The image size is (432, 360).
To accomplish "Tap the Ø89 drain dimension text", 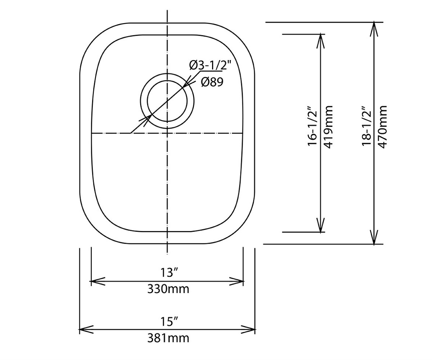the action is (x=212, y=82).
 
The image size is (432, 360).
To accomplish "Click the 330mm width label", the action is (x=168, y=289).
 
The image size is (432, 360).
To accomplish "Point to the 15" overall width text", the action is (x=169, y=322).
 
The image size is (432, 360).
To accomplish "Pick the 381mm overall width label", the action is (x=168, y=339).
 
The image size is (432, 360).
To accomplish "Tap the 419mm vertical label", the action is (x=328, y=127).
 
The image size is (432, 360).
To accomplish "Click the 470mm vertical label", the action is (x=382, y=127).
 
